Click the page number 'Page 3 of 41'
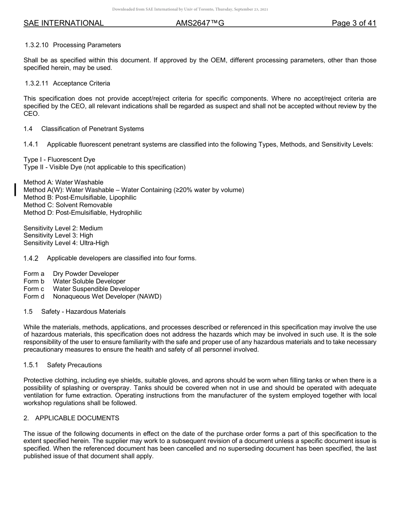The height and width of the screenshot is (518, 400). coord(354,23)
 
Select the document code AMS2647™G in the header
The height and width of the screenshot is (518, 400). coord(200,23)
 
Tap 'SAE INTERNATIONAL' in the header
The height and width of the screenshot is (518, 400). coord(64,23)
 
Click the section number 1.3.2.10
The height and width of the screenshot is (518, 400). coord(37,45)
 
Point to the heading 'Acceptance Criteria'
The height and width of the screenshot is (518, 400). coord(82,83)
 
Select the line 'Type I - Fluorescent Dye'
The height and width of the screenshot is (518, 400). coord(59,160)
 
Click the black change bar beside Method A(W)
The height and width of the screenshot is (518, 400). coord(16,190)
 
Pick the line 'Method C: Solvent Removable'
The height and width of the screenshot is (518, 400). coord(68,205)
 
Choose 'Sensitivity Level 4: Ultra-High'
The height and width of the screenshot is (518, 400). coord(66,243)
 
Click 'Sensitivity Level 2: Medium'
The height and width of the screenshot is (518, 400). coord(63,228)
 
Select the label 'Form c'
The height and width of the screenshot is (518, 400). coord(34,289)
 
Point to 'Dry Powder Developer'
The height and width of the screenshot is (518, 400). coord(86,274)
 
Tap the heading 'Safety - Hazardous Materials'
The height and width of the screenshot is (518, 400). coord(83,312)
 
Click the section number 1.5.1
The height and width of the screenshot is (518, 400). coord(31,365)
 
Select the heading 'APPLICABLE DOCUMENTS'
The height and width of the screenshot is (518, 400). coord(77,418)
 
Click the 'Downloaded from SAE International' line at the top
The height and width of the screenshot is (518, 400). coord(190,9)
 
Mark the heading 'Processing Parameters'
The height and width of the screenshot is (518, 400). coord(87,45)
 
